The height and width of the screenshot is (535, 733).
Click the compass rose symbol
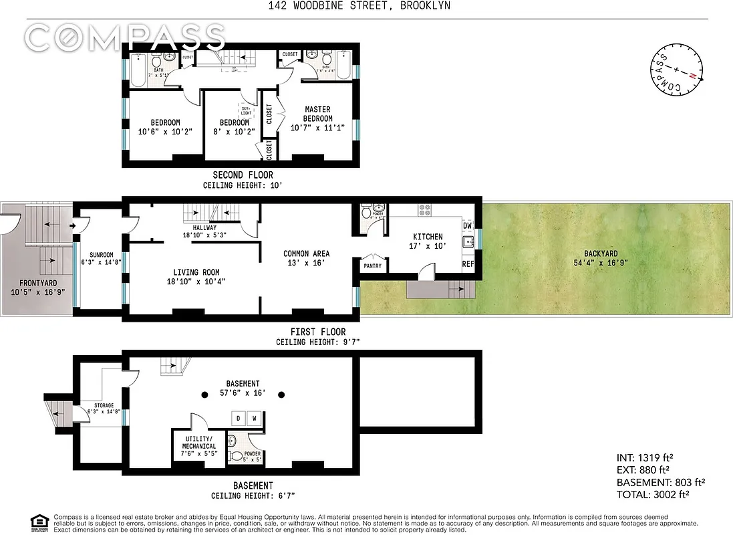tap(676, 69)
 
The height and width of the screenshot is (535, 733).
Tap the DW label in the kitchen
tap(467, 226)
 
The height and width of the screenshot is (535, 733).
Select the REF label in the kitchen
tap(468, 265)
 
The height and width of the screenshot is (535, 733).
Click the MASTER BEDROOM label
tap(318, 114)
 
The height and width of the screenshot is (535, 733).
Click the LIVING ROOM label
tap(196, 272)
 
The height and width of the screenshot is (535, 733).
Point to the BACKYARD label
tap(600, 253)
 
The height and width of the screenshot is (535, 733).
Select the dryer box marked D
tap(239, 419)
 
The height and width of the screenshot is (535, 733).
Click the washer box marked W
tap(255, 419)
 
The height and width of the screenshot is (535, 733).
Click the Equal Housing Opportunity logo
tap(39, 521)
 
